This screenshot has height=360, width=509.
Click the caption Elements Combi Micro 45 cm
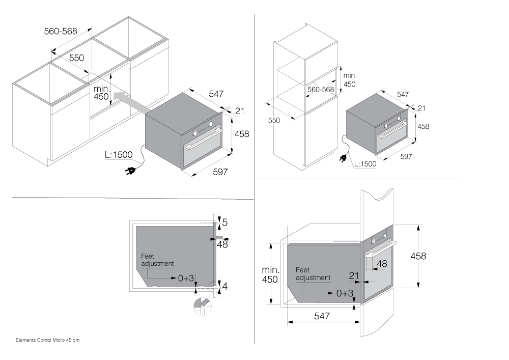(48, 339)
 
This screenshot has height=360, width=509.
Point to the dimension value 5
(224, 222)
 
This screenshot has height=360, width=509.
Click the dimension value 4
(224, 286)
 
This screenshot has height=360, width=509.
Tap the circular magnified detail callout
(202, 306)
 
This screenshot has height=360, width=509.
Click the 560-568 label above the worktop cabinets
(61, 32)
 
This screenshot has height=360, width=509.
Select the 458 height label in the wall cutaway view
(418, 257)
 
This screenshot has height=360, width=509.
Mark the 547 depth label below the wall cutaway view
(322, 316)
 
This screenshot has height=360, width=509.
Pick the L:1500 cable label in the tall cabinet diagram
(365, 164)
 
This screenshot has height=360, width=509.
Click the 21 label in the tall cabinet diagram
(421, 108)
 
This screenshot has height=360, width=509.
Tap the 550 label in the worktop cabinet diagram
(76, 58)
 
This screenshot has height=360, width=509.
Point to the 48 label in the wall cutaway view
(381, 264)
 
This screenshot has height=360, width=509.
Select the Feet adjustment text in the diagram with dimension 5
(157, 260)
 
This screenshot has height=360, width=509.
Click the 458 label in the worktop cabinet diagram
(241, 134)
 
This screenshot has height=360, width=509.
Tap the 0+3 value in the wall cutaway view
(345, 293)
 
